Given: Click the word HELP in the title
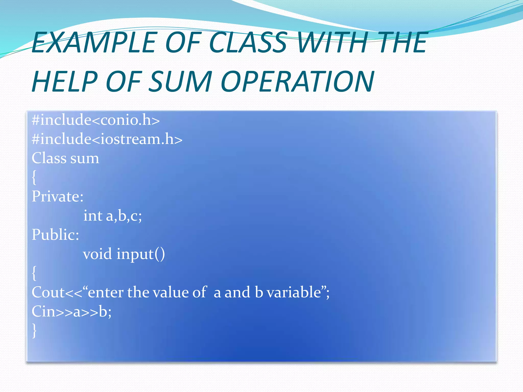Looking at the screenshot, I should point(65,82).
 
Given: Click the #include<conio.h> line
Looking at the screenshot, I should point(96,120).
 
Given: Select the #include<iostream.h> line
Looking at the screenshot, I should point(107,139).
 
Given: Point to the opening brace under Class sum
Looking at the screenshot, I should point(34,178).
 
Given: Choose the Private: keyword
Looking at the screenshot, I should point(58,197).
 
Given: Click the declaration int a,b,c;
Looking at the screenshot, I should point(113,216).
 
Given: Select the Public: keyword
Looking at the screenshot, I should point(55,235).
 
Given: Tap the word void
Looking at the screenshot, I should point(98,254).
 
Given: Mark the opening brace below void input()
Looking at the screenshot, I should point(34,273).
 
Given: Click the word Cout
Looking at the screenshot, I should point(48,292).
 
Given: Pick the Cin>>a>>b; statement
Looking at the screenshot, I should point(72,312).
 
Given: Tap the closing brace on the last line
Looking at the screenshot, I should point(34,331).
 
